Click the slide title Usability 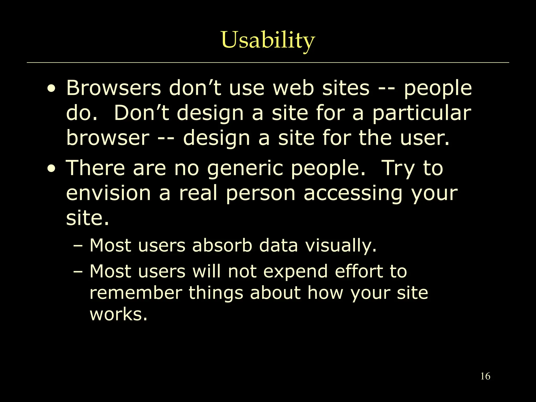point(268,40)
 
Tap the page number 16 point(485,376)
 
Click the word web point(293,88)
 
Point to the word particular point(422,113)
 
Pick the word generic point(245,168)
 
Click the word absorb point(222,245)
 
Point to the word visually point(341,245)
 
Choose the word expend point(295,271)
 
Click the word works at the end point(118,314)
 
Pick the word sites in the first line point(346,88)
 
